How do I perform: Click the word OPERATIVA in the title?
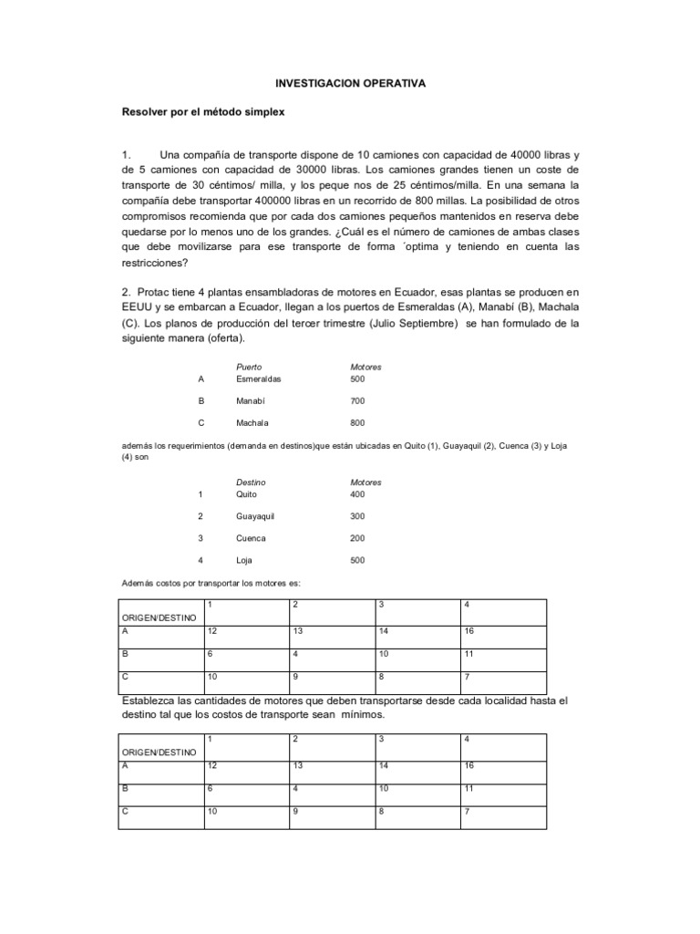pos(392,83)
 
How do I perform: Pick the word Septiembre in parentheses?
pos(427,323)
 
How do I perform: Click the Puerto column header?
pos(249,367)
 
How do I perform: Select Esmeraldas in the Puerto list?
pos(259,378)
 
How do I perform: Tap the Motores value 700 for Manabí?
pos(357,400)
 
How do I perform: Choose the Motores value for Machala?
pos(357,423)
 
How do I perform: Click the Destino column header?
pos(251,483)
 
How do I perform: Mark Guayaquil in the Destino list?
pos(255,516)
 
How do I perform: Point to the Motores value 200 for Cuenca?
pos(357,538)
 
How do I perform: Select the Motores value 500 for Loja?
pos(357,560)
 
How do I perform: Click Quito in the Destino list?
pos(247,493)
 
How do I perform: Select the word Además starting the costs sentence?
pos(138,582)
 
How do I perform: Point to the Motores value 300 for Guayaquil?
pos(357,516)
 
